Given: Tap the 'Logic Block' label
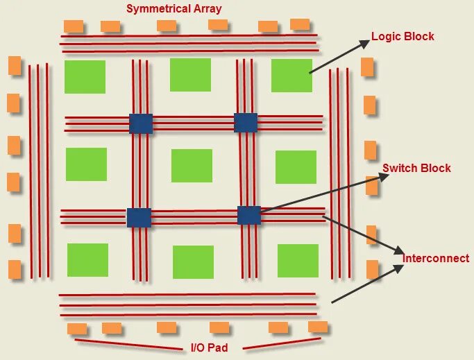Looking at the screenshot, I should click(403, 36).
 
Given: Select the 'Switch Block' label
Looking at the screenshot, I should click(416, 168).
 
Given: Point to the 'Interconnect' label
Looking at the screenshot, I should click(436, 258).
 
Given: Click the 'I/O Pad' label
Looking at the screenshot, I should click(210, 347).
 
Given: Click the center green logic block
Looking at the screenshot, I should click(192, 166).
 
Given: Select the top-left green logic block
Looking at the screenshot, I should click(85, 76).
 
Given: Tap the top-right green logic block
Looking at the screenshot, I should click(291, 75).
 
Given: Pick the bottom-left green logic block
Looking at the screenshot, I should click(87, 259).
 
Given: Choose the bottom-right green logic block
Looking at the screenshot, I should click(298, 260).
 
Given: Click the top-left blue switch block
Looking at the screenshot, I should click(141, 123).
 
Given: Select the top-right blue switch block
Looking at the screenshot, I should click(246, 123).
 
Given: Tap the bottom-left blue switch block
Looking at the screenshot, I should click(139, 217).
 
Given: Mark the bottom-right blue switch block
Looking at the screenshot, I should click(249, 215).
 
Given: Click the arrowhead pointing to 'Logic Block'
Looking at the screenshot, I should click(365, 43).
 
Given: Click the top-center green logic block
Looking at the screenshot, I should click(190, 75).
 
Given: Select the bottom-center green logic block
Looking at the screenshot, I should click(193, 262).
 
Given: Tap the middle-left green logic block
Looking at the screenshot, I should click(86, 164).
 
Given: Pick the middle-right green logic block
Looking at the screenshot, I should click(296, 166).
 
